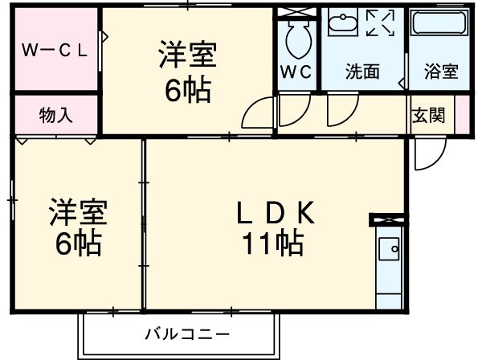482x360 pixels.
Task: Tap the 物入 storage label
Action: point(56,115)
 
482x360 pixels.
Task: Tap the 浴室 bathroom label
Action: point(441,71)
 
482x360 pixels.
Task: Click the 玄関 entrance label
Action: point(430,115)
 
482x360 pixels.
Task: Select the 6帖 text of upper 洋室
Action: point(188,90)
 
